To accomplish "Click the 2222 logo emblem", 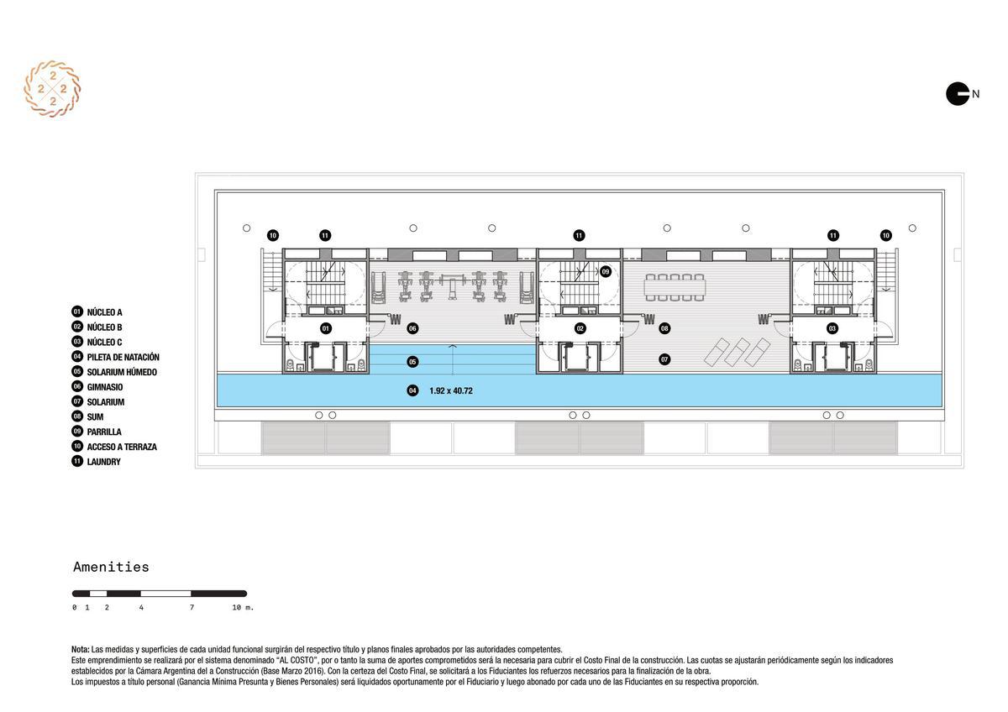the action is coord(52,89).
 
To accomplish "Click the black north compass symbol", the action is coord(957,94).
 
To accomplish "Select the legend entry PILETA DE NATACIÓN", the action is coord(115,357).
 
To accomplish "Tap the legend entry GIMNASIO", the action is coord(97,387).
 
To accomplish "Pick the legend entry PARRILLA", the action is coord(97,432).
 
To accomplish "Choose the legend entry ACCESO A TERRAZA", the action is coord(114,447).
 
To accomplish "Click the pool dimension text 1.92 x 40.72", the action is coord(451,391).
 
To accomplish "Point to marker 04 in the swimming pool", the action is coord(412,390).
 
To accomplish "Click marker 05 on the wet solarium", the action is coord(412,362).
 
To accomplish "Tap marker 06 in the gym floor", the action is coord(412,328).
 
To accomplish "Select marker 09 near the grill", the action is coord(606,272).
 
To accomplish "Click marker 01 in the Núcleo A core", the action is coord(326,328).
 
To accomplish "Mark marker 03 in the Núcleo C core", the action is coord(832,328).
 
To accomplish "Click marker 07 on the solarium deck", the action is coord(664,359).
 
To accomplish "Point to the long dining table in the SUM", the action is coord(675,287).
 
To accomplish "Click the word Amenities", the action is coord(111,567).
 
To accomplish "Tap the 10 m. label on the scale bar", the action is coord(243,608).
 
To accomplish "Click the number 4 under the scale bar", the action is coord(141,608).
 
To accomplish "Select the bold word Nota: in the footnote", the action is coord(81,650).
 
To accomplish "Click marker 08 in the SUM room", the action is coord(664,328).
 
